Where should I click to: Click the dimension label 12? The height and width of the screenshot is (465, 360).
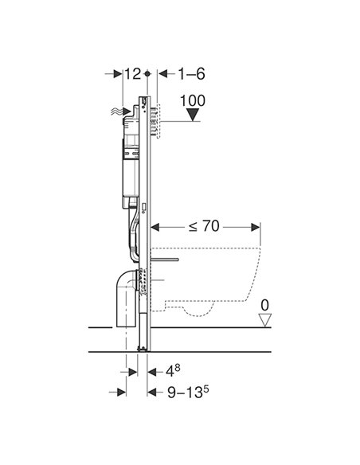(132, 73)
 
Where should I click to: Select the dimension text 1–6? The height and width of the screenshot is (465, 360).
(190, 73)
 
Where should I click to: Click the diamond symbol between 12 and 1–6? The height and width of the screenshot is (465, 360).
(149, 73)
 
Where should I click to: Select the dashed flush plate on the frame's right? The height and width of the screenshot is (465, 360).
(159, 119)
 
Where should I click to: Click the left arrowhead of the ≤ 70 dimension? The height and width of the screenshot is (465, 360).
(155, 226)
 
